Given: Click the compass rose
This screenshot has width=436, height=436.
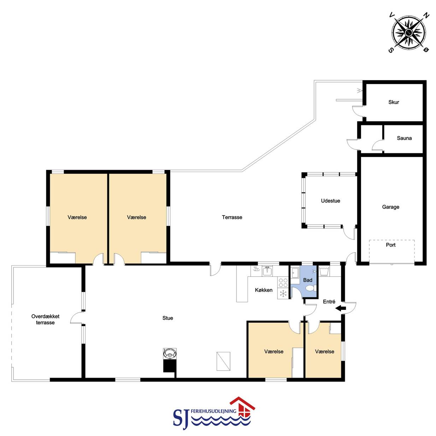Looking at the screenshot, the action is [409, 33].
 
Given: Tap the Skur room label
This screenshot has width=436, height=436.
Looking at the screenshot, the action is [394, 102].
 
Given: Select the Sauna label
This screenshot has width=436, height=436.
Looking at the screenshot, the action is [404, 138].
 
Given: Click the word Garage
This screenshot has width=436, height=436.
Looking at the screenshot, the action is [390, 207].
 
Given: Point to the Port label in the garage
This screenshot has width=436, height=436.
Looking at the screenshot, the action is [390, 245].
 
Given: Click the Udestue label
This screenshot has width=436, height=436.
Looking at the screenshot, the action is [330, 201].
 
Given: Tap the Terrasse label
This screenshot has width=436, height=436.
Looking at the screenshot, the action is [232, 217].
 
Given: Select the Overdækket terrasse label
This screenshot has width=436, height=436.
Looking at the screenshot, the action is [45, 319].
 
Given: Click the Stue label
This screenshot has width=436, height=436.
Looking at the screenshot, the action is [168, 318].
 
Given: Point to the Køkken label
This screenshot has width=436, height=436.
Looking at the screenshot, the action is [264, 290].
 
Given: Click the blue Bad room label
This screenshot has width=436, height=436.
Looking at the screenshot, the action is [308, 280].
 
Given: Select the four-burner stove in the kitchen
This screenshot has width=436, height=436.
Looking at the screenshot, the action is [283, 283].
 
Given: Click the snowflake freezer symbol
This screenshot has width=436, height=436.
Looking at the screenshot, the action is [283, 294].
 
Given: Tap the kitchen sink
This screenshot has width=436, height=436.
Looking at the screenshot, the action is [267, 271].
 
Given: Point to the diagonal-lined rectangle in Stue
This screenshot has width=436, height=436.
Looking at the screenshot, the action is [223, 361].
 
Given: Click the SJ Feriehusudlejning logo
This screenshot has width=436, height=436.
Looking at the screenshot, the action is [214, 414].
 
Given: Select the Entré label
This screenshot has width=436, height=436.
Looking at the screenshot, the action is [329, 301].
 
